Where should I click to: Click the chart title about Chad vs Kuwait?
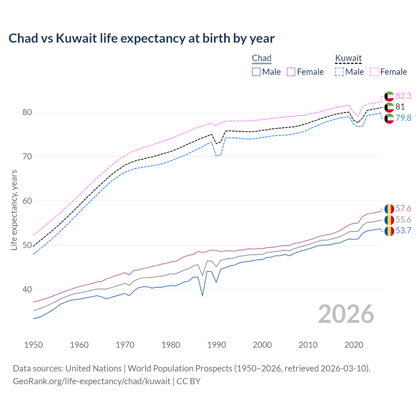click(141, 38)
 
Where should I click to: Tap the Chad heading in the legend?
click(262, 58)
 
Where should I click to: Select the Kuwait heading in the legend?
click(348, 58)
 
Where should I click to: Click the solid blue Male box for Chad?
click(256, 72)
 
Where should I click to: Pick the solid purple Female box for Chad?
click(291, 72)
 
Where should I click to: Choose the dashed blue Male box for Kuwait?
click(339, 72)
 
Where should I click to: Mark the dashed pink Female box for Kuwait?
click(374, 72)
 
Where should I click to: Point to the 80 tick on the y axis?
click(27, 112)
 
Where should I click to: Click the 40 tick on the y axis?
click(27, 289)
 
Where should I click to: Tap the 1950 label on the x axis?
click(33, 345)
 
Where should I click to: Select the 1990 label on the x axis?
click(217, 345)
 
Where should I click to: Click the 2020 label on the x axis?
click(354, 345)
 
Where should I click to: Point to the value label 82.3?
click(403, 96)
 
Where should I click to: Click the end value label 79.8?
click(403, 118)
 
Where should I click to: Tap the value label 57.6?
click(403, 209)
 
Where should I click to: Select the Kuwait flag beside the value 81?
click(389, 107)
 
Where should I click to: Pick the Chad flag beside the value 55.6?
click(389, 220)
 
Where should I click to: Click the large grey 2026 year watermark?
click(346, 314)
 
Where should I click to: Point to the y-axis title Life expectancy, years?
click(14, 210)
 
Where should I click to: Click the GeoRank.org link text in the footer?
click(92, 381)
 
